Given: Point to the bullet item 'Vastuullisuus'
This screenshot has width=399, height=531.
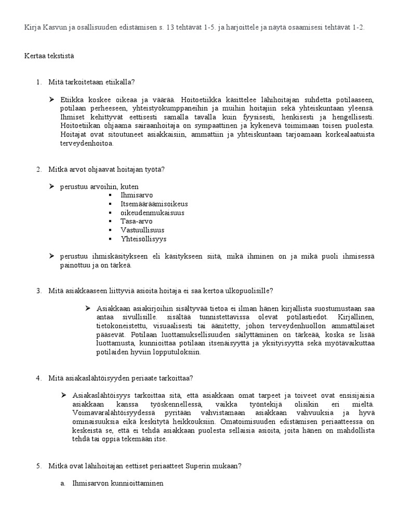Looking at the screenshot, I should (142, 230).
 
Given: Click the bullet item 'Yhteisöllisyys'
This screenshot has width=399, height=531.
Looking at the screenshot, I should (144, 239).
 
